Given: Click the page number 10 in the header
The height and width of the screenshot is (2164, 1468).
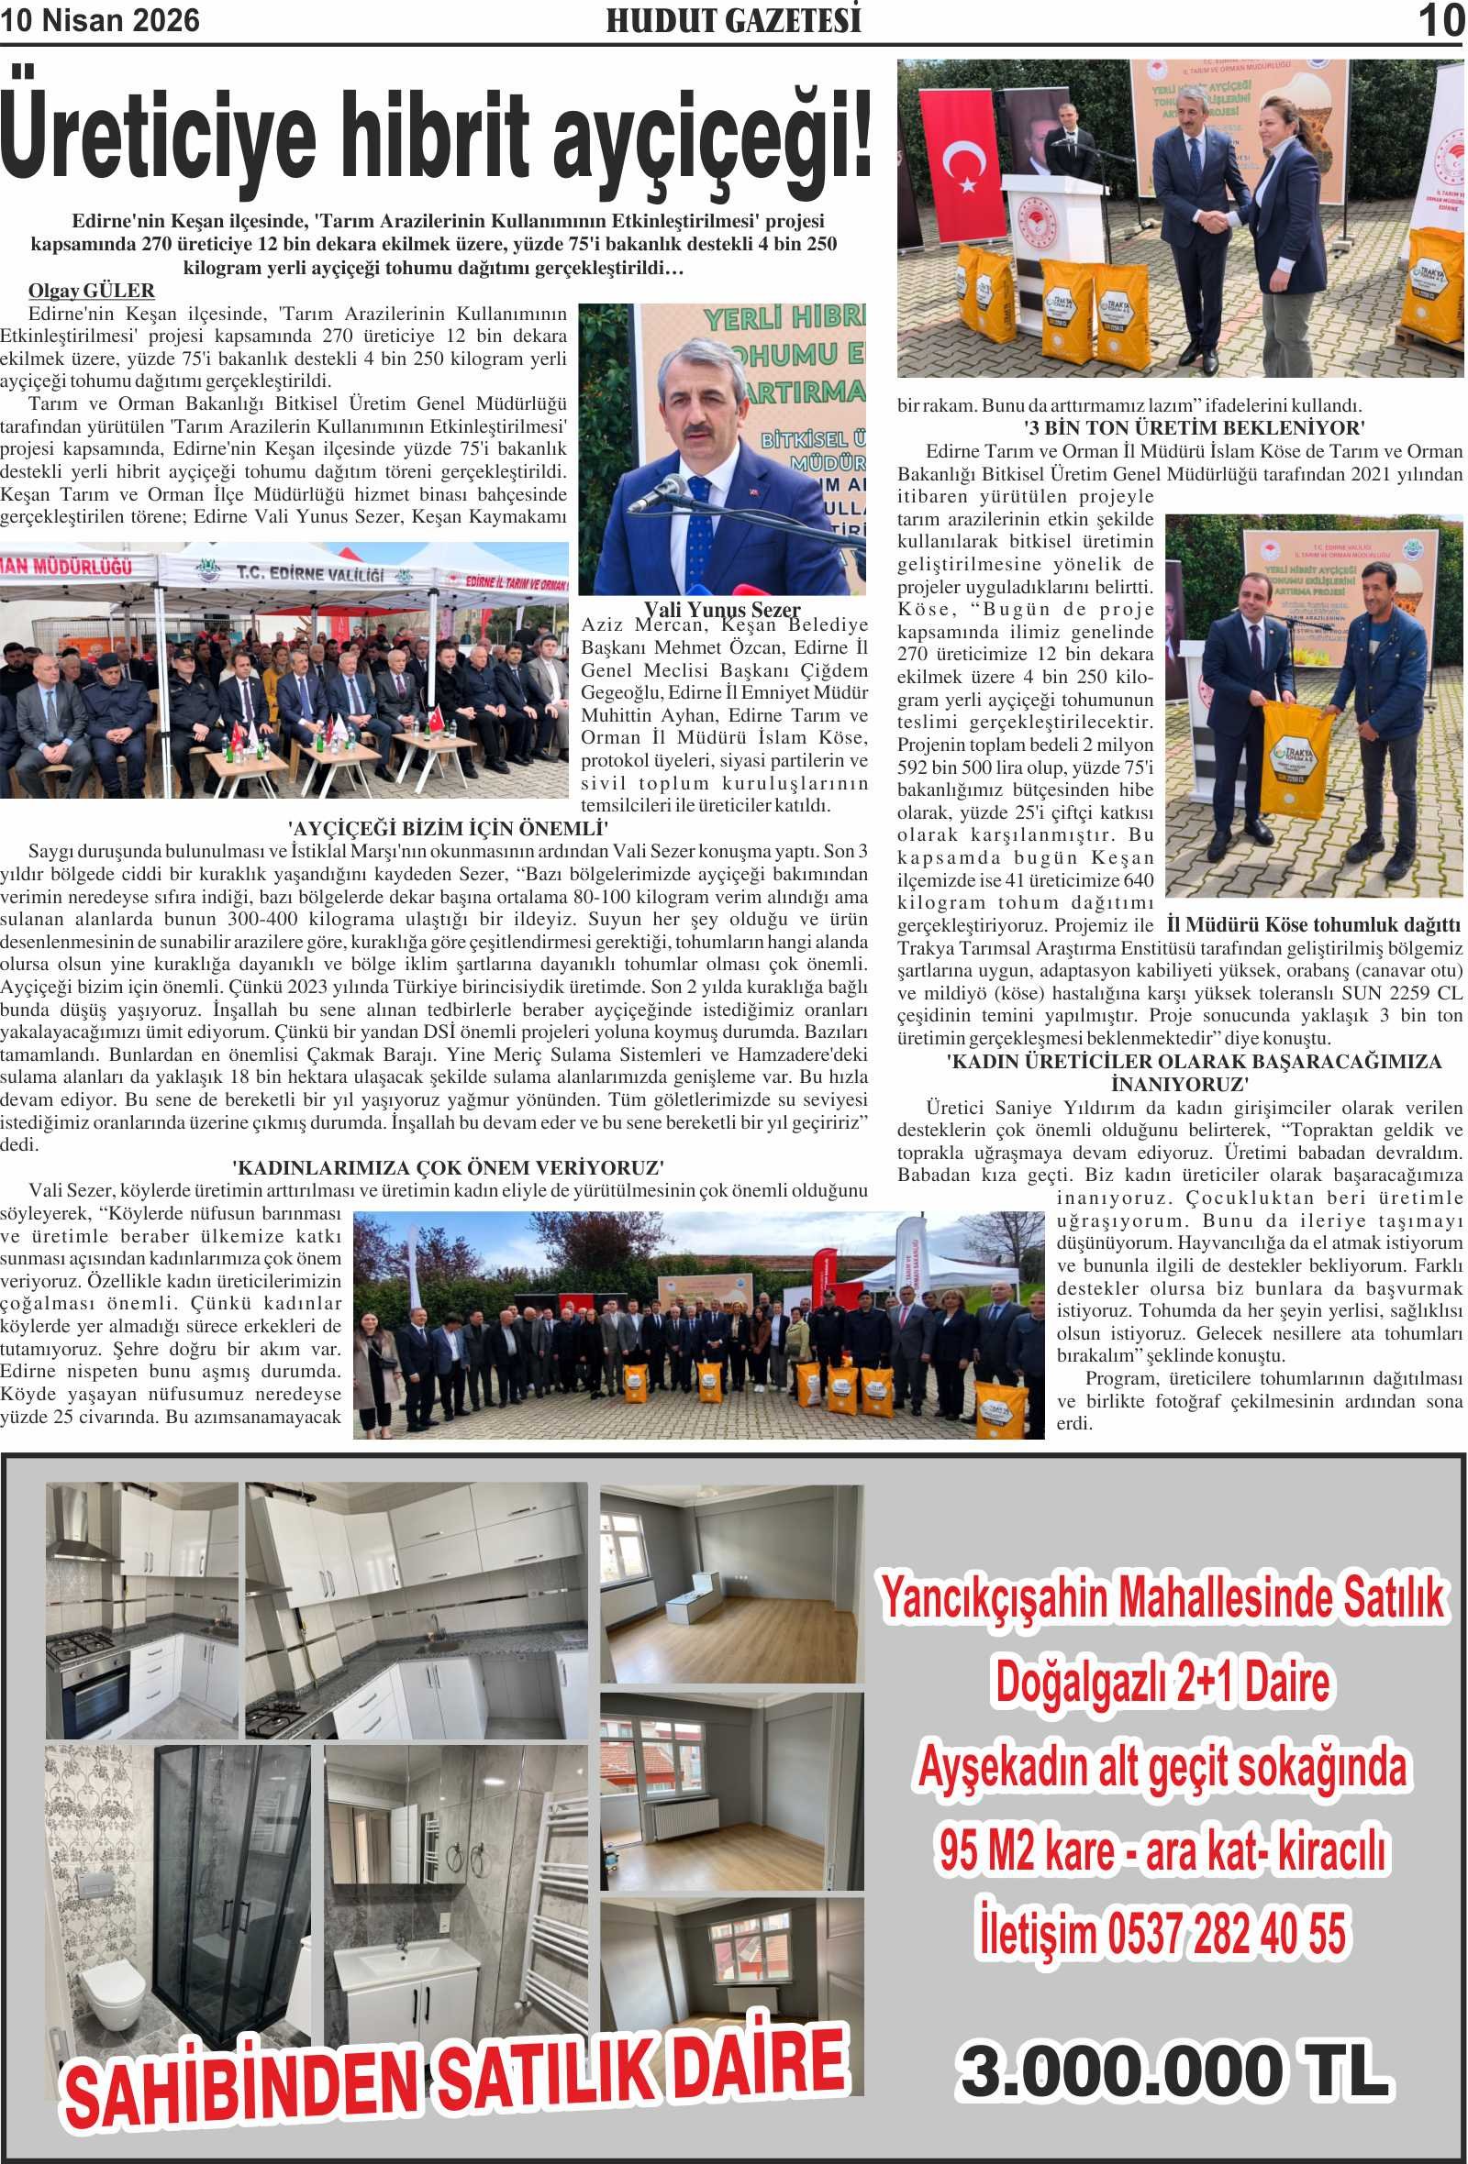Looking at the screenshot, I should [1440, 20].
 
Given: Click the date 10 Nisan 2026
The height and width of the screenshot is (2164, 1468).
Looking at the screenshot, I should [100, 21].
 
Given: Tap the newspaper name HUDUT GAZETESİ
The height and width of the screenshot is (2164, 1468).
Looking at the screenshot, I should [733, 21].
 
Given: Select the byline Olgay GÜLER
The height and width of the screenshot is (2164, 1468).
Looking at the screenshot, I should [91, 291].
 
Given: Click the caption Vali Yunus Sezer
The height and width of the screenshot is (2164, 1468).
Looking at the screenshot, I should [722, 610].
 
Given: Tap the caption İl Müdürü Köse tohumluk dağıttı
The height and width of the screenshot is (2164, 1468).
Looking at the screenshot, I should [1313, 924].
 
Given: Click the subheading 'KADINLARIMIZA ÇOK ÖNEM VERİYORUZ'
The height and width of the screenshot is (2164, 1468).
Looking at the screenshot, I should [447, 1166].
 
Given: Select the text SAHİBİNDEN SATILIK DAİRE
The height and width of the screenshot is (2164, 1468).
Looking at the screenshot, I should [456, 2075].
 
